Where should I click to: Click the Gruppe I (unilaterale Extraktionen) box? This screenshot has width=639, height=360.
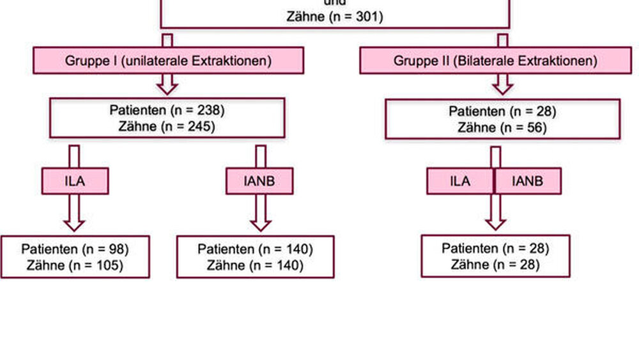coord(168,61)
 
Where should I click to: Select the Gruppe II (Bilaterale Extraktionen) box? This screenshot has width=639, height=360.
coord(495,61)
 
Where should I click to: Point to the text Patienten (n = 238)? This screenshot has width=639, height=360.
coord(167,111)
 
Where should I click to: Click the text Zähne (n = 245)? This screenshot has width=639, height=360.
coord(167,127)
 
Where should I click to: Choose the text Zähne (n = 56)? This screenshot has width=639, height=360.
coord(502,127)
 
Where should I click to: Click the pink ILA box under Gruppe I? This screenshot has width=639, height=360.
coord(75,181)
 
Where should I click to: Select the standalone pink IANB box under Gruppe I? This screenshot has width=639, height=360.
coord(259,181)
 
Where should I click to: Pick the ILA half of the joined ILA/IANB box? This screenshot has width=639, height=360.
coord(460,181)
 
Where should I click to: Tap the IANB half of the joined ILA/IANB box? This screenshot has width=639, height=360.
coord(528,181)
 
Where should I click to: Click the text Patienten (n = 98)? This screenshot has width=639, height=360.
coord(75,249)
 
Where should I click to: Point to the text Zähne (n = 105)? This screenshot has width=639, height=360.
coord(75,265)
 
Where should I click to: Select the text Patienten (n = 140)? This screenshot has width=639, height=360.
coord(255,249)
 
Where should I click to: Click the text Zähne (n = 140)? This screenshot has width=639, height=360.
coord(255,265)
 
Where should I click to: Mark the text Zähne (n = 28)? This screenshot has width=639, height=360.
coord(495,265)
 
